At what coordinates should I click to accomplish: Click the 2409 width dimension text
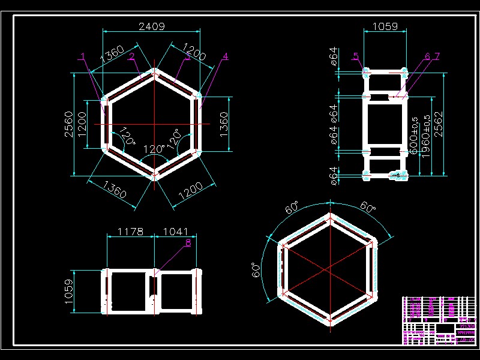click(152, 26)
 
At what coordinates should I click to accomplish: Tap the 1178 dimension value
click(130, 232)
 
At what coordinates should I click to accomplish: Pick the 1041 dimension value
click(176, 232)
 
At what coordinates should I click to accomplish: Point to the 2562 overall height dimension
click(439, 125)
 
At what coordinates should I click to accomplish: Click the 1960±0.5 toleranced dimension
click(426, 137)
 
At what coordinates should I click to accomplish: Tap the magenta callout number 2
click(131, 56)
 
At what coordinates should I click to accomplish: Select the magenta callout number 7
click(437, 56)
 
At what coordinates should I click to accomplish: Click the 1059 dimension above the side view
click(385, 26)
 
